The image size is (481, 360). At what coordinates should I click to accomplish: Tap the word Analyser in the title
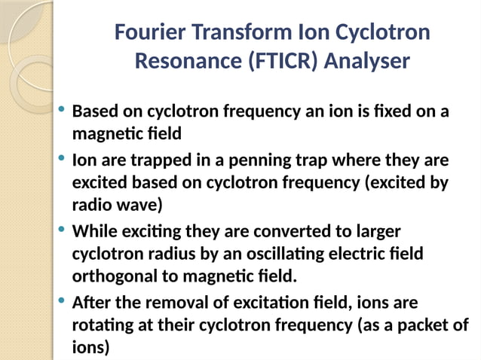pos(369,60)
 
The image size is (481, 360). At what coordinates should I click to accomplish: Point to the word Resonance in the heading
pos(184,60)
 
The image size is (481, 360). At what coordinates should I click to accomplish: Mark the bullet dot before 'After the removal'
pos(61,301)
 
